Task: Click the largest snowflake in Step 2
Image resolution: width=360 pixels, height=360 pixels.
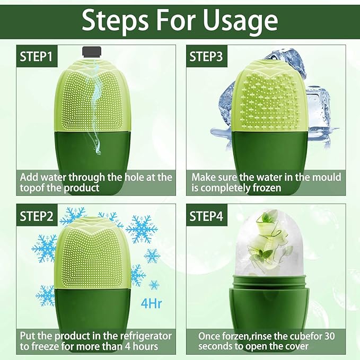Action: [141, 229]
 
